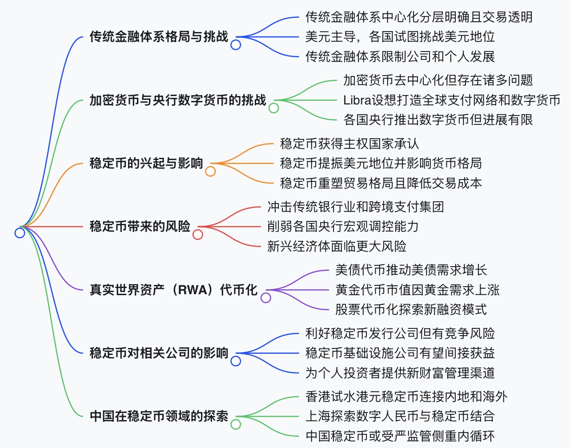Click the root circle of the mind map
click(20, 232)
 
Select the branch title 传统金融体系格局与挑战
click(159, 36)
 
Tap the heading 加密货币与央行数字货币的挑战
click(178, 100)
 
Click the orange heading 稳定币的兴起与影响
click(146, 163)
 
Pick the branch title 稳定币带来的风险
click(140, 226)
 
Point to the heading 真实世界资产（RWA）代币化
click(173, 290)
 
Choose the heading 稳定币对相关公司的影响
click(159, 353)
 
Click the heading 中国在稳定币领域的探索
click(159, 416)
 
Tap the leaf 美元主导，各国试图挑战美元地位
click(400, 36)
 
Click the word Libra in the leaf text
click(357, 100)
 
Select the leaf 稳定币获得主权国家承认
click(349, 144)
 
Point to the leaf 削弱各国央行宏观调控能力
click(343, 226)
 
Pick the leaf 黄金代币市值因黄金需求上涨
click(417, 290)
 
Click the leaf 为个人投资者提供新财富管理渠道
click(400, 372)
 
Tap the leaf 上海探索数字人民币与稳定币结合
click(400, 416)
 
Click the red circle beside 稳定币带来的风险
click(198, 234)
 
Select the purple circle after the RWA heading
click(266, 298)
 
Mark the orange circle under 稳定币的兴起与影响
click(210, 171)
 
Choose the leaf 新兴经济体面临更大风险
click(337, 246)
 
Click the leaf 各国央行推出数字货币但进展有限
click(438, 120)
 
